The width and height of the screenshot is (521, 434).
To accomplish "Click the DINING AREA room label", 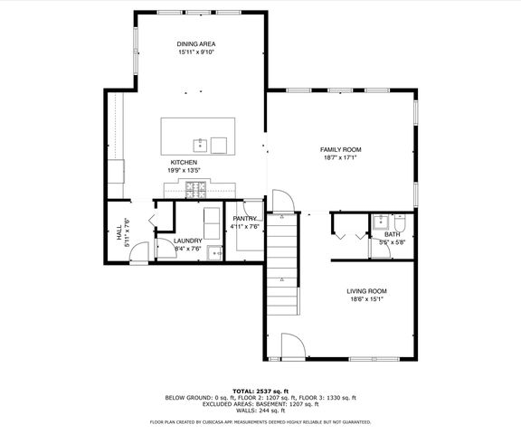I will pyautogui.click(x=196, y=43).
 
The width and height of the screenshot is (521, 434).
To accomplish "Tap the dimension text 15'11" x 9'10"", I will pyautogui.click(x=196, y=52).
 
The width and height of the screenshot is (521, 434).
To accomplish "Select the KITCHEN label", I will pyautogui.click(x=184, y=162).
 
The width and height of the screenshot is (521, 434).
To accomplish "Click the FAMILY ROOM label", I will pyautogui.click(x=340, y=148).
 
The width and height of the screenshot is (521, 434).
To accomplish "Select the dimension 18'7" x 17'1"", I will pyautogui.click(x=340, y=157).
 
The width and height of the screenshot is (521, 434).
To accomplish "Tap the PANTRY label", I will pyautogui.click(x=245, y=218).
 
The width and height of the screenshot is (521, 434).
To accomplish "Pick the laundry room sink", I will pyautogui.click(x=214, y=253).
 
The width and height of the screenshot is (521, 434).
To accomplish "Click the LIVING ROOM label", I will pyautogui.click(x=366, y=291).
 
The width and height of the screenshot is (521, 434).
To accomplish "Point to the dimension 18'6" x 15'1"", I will pyautogui.click(x=366, y=300).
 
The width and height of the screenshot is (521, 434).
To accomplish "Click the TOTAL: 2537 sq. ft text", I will pyautogui.click(x=260, y=391).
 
